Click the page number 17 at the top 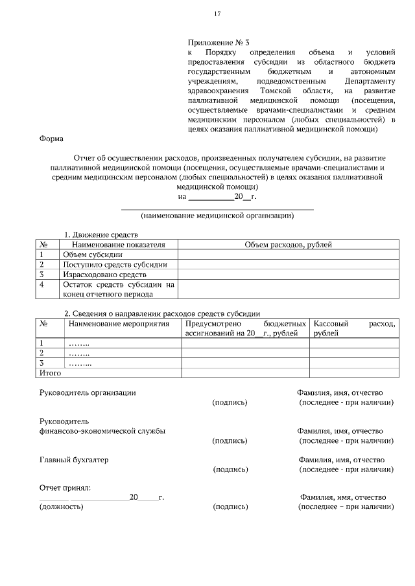click(217, 14)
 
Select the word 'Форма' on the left click(51, 138)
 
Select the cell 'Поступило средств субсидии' click(115, 264)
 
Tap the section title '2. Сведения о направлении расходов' click(161, 313)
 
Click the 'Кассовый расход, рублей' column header click(353, 328)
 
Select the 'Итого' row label click(51, 373)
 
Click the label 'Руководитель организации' click(88, 392)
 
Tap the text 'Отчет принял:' click(65, 487)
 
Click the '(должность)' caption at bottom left click(62, 507)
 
